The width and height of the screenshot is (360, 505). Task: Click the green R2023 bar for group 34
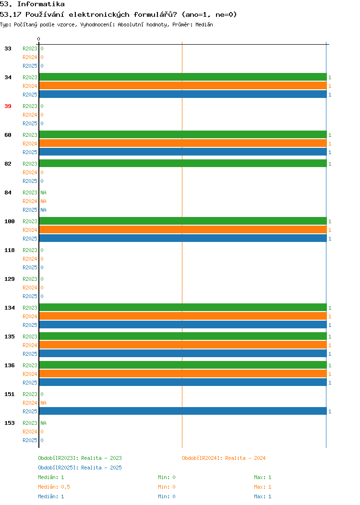click(x=183, y=77)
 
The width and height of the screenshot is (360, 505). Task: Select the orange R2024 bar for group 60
click(x=183, y=144)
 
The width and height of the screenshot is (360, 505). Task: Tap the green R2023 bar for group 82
click(x=183, y=164)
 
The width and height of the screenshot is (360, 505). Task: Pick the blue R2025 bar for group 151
click(x=183, y=411)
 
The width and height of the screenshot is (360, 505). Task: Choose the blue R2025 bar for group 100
click(x=183, y=238)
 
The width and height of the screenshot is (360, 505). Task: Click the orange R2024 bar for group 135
click(x=183, y=345)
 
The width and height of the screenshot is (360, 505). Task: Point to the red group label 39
click(x=8, y=106)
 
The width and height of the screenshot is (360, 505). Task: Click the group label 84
click(x=8, y=192)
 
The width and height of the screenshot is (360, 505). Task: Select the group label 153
click(x=10, y=423)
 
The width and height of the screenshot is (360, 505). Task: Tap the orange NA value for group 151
click(x=44, y=403)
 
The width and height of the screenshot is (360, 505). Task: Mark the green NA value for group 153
click(x=44, y=423)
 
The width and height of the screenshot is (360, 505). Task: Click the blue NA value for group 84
click(x=44, y=210)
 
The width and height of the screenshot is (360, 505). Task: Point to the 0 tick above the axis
click(x=39, y=39)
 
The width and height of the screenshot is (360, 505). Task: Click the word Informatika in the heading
click(x=41, y=4)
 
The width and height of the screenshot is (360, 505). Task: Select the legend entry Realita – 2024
click(x=245, y=458)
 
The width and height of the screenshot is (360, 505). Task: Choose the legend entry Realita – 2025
click(x=101, y=468)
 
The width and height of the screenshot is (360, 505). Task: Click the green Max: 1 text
click(x=263, y=477)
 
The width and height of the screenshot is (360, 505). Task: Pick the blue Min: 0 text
click(x=167, y=497)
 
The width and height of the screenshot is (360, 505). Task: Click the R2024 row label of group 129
click(x=30, y=288)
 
